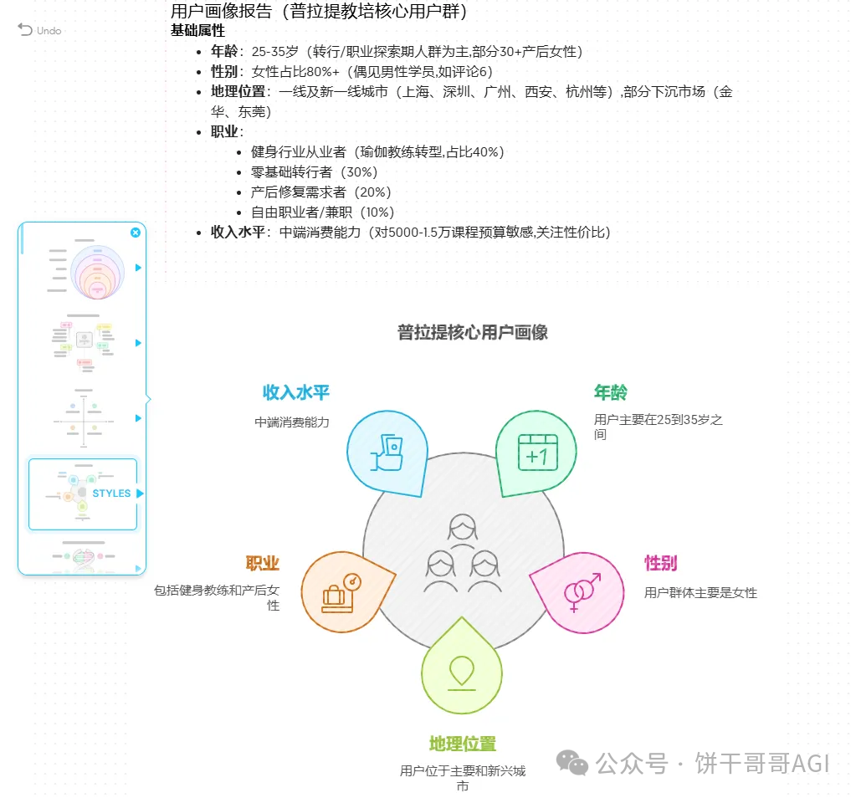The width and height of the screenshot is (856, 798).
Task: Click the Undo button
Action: tap(39, 30)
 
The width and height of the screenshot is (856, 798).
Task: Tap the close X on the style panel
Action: tap(136, 233)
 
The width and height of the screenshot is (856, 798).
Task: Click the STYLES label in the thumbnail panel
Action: tap(111, 494)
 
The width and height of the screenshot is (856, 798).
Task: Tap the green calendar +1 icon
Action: tap(537, 453)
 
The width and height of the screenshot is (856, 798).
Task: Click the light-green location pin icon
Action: tap(462, 670)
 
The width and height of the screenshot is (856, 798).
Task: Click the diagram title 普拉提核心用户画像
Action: tap(473, 332)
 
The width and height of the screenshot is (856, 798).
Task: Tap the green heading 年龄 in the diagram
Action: tap(611, 392)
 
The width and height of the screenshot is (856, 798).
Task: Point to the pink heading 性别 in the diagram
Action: tap(660, 563)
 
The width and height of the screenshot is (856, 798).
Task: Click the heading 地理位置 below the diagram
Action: tap(463, 744)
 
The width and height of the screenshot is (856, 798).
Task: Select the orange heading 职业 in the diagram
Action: tap(262, 563)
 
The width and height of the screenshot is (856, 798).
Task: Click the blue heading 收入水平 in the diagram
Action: tap(296, 392)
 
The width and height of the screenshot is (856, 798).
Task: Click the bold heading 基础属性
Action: tap(197, 30)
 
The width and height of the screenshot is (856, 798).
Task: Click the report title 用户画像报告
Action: tap(221, 12)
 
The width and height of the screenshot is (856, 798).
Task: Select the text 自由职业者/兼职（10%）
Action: tap(322, 212)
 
